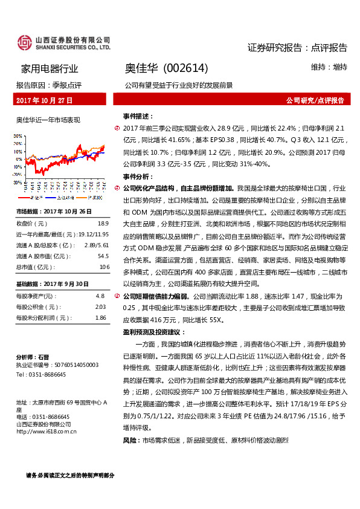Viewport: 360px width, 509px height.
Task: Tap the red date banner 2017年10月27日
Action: (44, 100)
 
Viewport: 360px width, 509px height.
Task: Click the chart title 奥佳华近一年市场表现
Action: (48, 120)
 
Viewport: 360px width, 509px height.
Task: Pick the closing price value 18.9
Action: (103, 223)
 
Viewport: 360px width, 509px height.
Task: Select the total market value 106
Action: (104, 265)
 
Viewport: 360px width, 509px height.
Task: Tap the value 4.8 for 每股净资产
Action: (100, 296)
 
